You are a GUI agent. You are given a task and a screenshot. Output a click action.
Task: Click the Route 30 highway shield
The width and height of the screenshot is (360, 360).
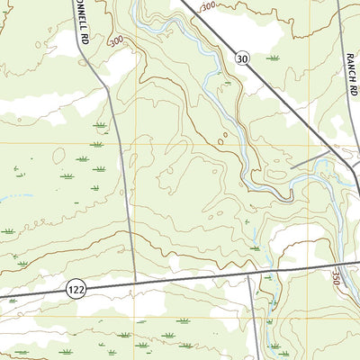pyautogui.click(x=242, y=58)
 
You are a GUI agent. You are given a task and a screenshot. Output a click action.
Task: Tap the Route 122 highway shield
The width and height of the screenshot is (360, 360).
pyautogui.click(x=76, y=287)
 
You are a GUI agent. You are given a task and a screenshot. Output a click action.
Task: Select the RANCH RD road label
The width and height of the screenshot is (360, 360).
pyautogui.click(x=350, y=68)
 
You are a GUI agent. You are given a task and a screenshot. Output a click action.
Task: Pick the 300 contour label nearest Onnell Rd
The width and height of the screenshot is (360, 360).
pyautogui.click(x=116, y=41)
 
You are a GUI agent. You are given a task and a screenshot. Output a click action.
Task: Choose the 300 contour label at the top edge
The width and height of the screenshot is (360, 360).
pyautogui.click(x=208, y=7)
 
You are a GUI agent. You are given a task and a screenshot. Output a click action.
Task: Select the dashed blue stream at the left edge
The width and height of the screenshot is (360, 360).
pyautogui.click(x=7, y=195)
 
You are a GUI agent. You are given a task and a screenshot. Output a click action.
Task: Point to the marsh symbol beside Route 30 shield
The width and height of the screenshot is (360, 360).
pyautogui.click(x=272, y=58)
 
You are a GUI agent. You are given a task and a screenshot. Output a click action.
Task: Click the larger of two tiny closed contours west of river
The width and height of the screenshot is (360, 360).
pyautogui.click(x=220, y=140)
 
